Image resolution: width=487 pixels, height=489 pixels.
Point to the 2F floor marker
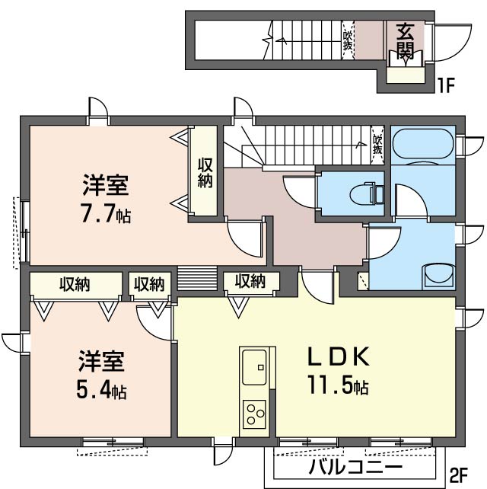[459, 475]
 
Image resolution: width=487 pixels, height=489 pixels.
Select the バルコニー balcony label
[355, 466]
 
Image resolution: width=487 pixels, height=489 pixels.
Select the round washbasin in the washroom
[435, 273]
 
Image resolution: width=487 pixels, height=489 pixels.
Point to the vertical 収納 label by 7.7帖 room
[205, 172]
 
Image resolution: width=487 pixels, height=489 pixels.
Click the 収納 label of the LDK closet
[249, 281]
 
